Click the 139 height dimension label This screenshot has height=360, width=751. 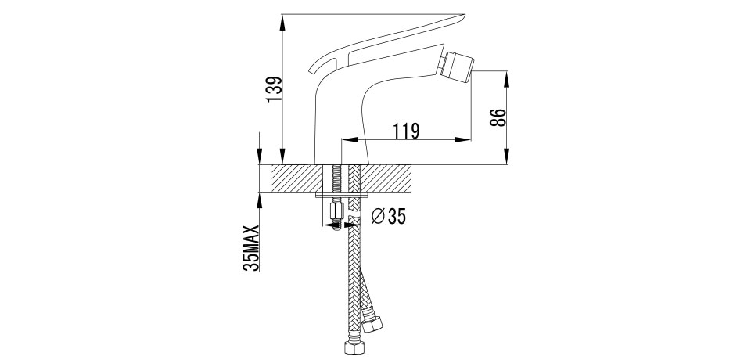[274, 89]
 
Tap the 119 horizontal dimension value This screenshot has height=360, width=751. [406, 131]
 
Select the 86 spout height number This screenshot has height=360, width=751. [498, 117]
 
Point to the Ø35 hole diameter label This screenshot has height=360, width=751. [389, 217]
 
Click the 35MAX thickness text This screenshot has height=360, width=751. [251, 248]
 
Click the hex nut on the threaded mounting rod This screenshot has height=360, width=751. [337, 211]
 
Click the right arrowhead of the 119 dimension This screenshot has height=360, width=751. [462, 139]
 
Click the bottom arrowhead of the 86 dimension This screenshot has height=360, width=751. [507, 157]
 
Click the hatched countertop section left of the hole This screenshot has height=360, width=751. [297, 178]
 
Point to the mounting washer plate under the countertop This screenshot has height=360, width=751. [342, 195]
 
